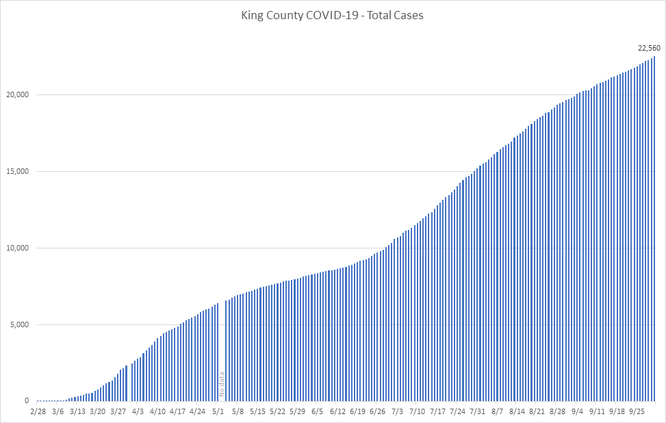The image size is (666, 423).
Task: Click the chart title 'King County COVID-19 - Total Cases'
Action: point(333,15)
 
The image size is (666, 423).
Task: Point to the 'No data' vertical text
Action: point(221,385)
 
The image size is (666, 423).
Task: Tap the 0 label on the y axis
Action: point(27,401)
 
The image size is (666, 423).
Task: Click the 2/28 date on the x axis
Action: point(38,411)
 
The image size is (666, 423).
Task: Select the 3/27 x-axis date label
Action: point(118,411)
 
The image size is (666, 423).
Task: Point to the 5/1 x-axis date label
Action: point(218,411)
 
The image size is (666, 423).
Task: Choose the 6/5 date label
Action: point(317,411)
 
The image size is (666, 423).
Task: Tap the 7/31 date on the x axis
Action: point(477,411)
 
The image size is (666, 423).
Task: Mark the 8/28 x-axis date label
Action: point(557,411)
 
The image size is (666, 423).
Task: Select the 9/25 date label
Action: point(637,411)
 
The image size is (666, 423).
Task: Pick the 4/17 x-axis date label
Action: point(177,411)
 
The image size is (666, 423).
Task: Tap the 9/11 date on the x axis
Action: point(597,411)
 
